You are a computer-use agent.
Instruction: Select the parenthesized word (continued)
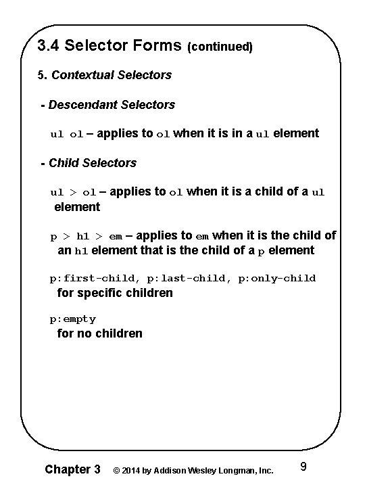[220, 47]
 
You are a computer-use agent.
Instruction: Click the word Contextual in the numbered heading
[81, 74]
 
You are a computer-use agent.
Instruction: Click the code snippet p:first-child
[92, 278]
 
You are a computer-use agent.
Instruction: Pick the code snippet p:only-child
[277, 278]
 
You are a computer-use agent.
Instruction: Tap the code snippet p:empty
[73, 319]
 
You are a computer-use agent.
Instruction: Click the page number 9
[303, 466]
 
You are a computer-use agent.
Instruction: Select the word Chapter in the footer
[66, 469]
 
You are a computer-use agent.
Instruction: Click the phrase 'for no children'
[99, 333]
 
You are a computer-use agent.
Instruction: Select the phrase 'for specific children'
[115, 293]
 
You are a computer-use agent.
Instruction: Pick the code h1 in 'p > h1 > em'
[82, 237]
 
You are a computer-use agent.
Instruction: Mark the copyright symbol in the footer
[117, 470]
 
